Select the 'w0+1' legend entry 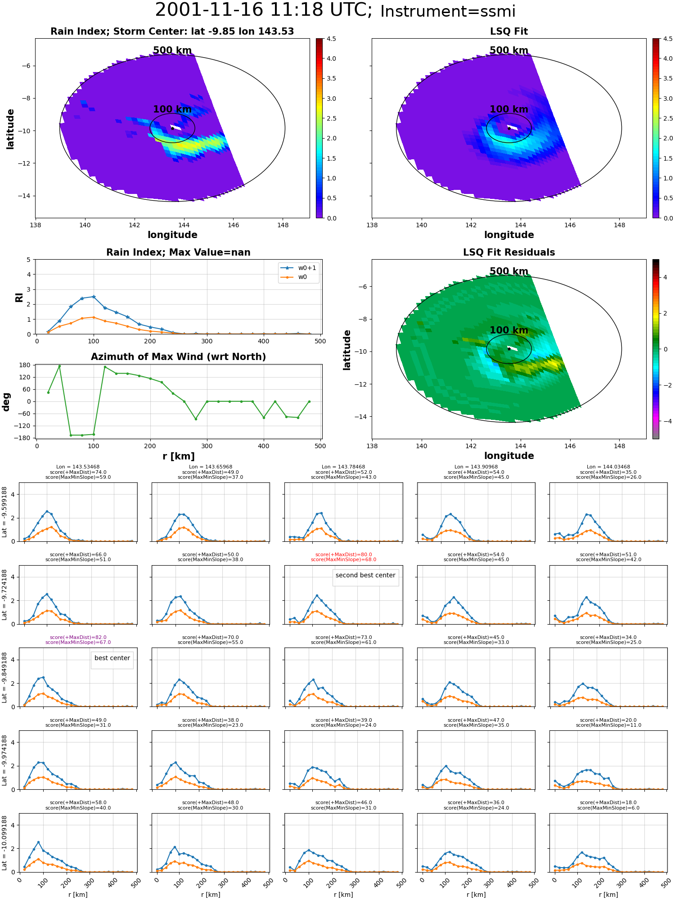click(x=298, y=268)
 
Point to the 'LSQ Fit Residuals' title click(x=509, y=252)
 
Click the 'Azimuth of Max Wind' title click(x=178, y=357)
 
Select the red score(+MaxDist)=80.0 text click(x=344, y=555)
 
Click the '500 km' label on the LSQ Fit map click(x=509, y=50)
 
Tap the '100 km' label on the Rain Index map click(x=172, y=109)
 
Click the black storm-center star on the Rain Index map click(x=172, y=128)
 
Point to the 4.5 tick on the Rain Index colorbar click(x=331, y=39)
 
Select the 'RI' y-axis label click(x=19, y=297)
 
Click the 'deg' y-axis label click(x=6, y=402)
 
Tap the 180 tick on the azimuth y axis click(x=25, y=365)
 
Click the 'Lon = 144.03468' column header click(x=608, y=467)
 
